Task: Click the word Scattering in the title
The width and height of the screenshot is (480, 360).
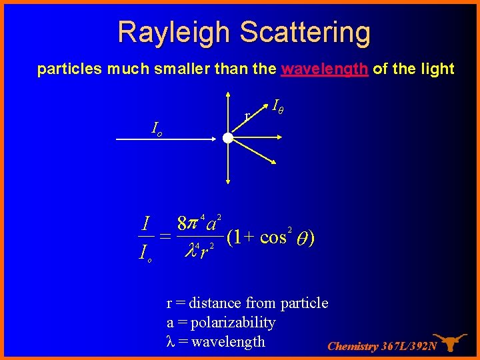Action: point(306,32)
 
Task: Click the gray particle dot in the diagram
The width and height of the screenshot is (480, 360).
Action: point(228,139)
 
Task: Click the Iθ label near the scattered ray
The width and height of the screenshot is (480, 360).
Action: point(279,105)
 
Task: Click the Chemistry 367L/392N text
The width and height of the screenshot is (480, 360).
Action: point(382,346)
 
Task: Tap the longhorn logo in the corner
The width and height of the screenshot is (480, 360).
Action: point(451,342)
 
